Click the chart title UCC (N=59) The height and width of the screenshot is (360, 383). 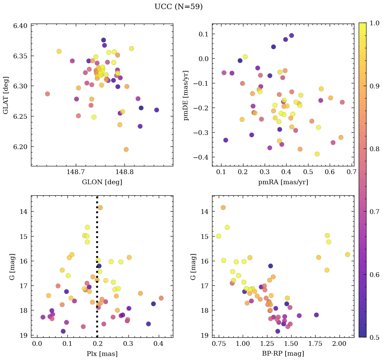178,7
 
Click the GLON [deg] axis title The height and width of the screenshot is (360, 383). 102,182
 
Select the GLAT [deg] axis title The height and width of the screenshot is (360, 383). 6,95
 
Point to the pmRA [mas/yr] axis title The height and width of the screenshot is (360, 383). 283,182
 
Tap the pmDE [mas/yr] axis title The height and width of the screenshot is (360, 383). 186,95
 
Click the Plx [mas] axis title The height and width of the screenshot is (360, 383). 102,354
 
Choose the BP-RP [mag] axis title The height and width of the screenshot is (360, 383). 283,354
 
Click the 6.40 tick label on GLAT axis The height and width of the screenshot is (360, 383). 20,26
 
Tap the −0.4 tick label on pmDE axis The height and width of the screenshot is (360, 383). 201,158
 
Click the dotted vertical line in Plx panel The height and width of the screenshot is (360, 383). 97,270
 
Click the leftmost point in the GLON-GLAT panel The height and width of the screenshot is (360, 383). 48,94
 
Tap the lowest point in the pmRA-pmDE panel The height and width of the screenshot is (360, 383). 317,154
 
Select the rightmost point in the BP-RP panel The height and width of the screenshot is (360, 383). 348,254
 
